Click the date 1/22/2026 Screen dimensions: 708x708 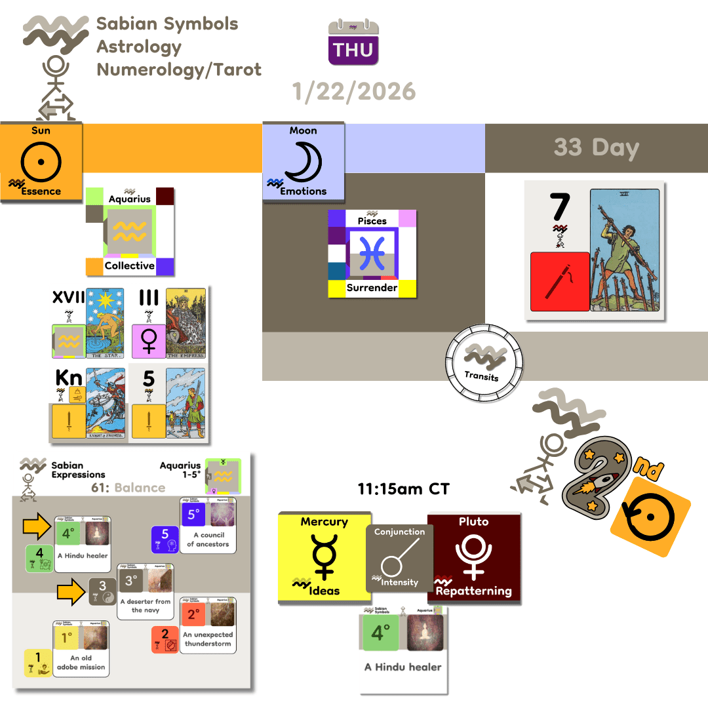pos(355,91)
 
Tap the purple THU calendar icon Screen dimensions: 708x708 pos(353,43)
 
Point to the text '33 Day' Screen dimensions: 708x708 pos(596,147)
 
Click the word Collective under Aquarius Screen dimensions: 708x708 pos(129,265)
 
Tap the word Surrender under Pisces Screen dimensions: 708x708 pos(372,288)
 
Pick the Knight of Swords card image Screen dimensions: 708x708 pos(106,403)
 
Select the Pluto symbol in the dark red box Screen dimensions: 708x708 pos(474,554)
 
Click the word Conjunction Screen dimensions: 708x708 pos(399,532)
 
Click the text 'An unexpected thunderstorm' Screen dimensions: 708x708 pos(208,639)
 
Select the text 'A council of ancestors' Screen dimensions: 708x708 pos(208,540)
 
